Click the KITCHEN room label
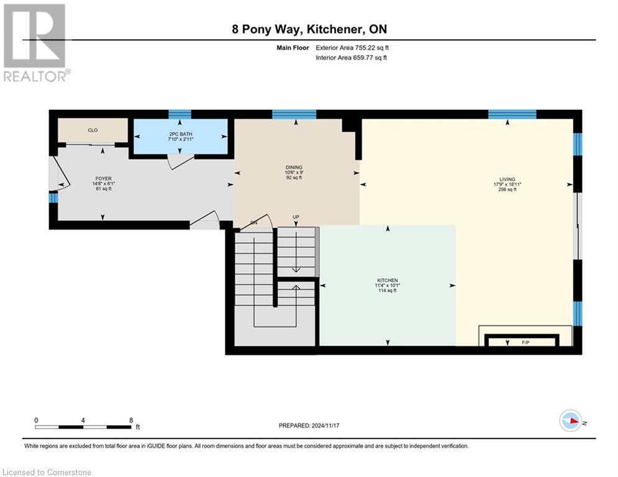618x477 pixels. click(387, 280)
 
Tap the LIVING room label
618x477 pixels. click(507, 179)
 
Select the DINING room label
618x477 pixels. click(294, 167)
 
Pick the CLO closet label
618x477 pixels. click(93, 130)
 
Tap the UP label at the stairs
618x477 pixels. click(296, 217)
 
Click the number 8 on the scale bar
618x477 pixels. click(131, 420)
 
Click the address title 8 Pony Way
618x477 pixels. click(309, 29)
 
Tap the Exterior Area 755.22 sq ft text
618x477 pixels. click(352, 47)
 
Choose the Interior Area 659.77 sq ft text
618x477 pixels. click(352, 58)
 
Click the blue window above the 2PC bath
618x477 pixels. click(180, 114)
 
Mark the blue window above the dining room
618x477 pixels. click(294, 114)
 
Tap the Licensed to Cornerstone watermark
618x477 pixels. click(47, 472)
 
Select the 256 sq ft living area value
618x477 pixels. click(507, 190)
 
